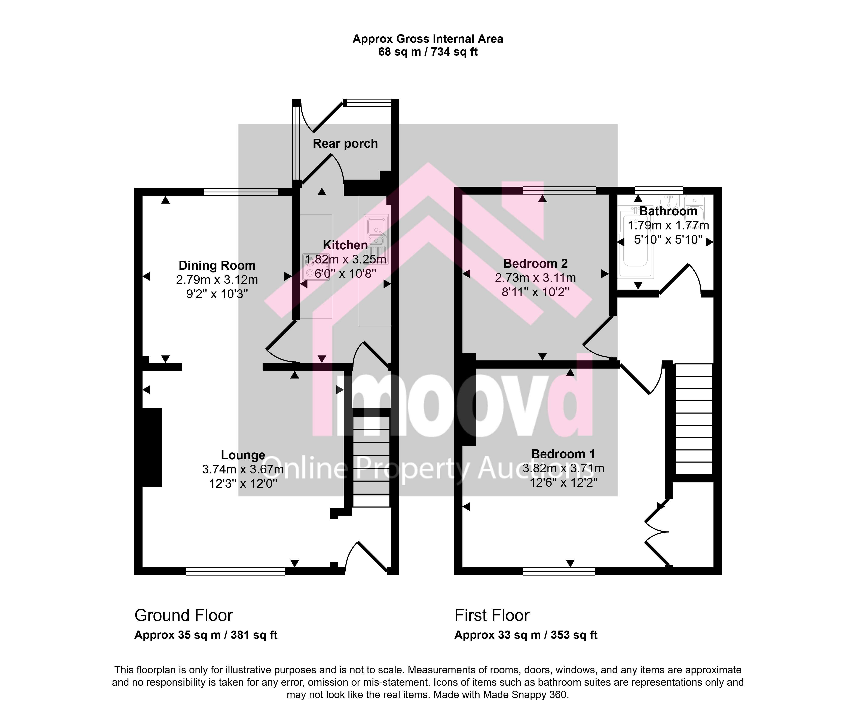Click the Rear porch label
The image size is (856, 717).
tap(345, 143)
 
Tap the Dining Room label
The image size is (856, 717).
tap(217, 265)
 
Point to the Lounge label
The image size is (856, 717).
tap(243, 455)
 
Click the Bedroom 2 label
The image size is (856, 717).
tap(535, 264)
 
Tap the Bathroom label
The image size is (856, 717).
tap(668, 211)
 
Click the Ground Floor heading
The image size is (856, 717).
tap(183, 615)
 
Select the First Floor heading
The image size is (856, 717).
tap(492, 615)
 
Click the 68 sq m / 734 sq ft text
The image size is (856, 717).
tap(428, 52)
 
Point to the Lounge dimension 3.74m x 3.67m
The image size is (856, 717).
tap(243, 469)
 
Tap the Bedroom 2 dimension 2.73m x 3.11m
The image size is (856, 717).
tap(535, 278)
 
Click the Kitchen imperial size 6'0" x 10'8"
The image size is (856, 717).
tap(345, 273)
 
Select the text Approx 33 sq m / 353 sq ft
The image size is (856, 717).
tap(526, 635)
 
